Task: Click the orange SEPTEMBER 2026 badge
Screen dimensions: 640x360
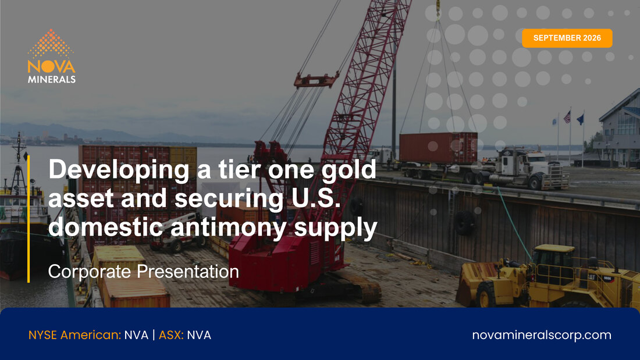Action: [x=567, y=38]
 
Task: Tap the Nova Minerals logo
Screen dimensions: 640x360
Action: [x=51, y=56]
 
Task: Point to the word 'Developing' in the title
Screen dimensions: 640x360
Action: [x=119, y=170]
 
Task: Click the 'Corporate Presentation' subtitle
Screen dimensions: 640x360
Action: [x=143, y=272]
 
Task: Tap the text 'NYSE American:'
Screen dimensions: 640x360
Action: [x=74, y=335]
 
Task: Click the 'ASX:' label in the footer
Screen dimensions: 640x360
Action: [x=171, y=335]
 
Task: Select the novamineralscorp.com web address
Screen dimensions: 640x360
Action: [x=542, y=335]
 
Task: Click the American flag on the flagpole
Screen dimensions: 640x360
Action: [x=567, y=117]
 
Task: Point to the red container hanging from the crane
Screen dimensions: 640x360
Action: [x=438, y=148]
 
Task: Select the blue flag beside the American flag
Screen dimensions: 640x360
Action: [x=580, y=119]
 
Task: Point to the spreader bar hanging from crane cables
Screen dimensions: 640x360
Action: [x=317, y=80]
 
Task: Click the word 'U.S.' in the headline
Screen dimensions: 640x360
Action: [x=316, y=198]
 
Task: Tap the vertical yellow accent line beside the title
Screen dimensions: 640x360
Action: [x=29, y=219]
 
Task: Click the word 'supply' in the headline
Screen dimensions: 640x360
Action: [x=335, y=228]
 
